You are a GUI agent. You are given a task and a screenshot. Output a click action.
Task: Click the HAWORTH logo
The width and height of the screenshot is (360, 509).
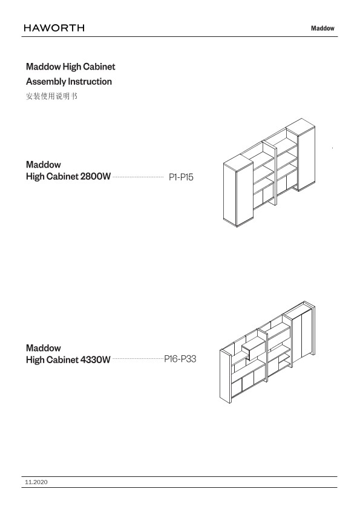tap(54, 28)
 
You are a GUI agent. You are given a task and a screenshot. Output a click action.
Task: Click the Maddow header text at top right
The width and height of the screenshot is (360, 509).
tap(322, 28)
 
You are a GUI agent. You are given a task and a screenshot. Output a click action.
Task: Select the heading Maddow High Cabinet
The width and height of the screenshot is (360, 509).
tap(70, 67)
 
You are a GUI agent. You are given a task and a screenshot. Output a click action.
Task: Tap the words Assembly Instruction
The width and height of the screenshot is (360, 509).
tap(69, 82)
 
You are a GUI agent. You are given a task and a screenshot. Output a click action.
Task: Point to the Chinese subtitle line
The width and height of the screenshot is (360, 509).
tap(51, 96)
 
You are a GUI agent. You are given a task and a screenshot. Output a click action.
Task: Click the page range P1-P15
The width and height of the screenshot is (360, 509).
tap(181, 177)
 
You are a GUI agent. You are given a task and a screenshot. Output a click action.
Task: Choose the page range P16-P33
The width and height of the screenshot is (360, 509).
tap(180, 359)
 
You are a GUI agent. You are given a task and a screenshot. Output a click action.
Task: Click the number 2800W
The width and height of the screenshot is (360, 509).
tap(96, 177)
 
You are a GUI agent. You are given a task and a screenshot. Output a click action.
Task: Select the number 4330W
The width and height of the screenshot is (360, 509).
tap(95, 360)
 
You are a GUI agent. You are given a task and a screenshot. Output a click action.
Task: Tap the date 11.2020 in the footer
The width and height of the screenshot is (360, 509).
tap(36, 482)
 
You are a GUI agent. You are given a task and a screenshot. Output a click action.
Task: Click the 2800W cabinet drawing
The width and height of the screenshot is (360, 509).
tap(269, 172)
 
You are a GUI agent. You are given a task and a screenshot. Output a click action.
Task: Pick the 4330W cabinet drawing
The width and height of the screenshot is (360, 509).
tap(267, 352)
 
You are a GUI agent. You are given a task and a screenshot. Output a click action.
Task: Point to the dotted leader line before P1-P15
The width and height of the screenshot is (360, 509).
tap(139, 177)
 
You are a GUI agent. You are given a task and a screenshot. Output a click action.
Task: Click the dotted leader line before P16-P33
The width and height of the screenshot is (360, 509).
tap(139, 359)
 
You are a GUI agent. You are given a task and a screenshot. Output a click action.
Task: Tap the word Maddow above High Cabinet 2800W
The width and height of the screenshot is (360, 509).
tap(44, 165)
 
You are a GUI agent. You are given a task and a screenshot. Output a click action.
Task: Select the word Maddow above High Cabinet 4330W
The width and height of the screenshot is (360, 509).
tap(44, 348)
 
